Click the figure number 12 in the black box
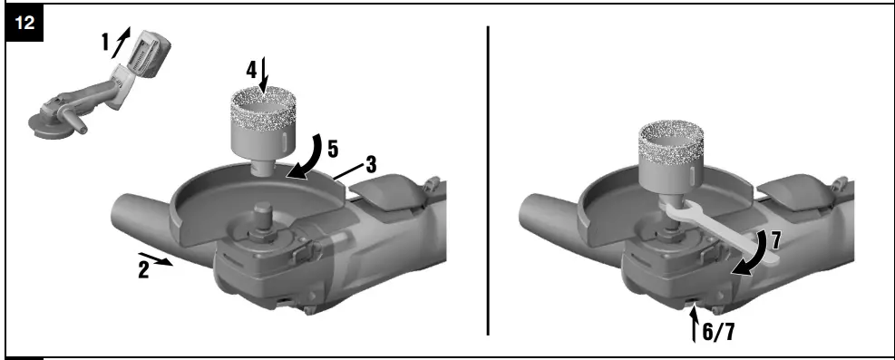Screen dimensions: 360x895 27,25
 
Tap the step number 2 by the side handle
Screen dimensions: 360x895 143,269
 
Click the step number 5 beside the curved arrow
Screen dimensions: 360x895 333,146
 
